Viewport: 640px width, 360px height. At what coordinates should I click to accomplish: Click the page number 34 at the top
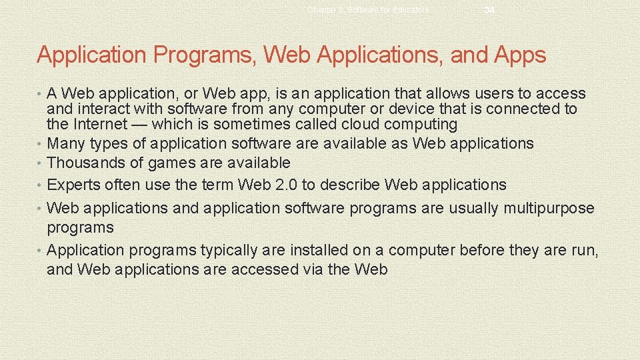coord(489,10)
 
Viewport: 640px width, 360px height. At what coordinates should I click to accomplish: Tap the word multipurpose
coord(549,208)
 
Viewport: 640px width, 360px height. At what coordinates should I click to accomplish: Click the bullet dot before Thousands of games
coord(41,163)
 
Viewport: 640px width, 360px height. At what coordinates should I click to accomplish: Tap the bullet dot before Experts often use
coord(41,185)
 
